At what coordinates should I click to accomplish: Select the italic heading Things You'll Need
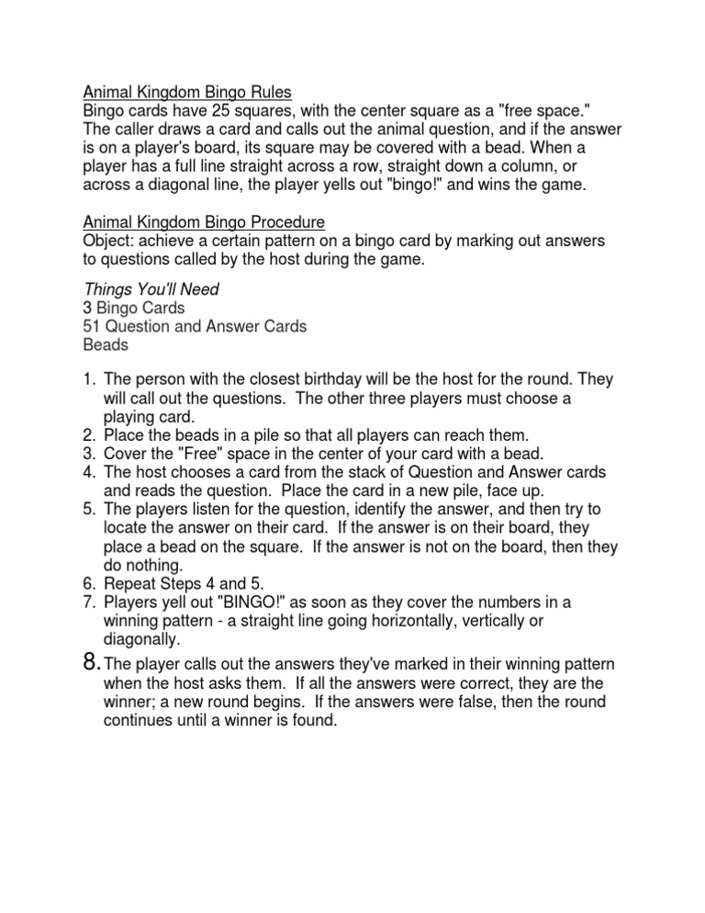click(151, 289)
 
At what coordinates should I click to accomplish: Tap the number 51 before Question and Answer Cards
click(93, 326)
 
